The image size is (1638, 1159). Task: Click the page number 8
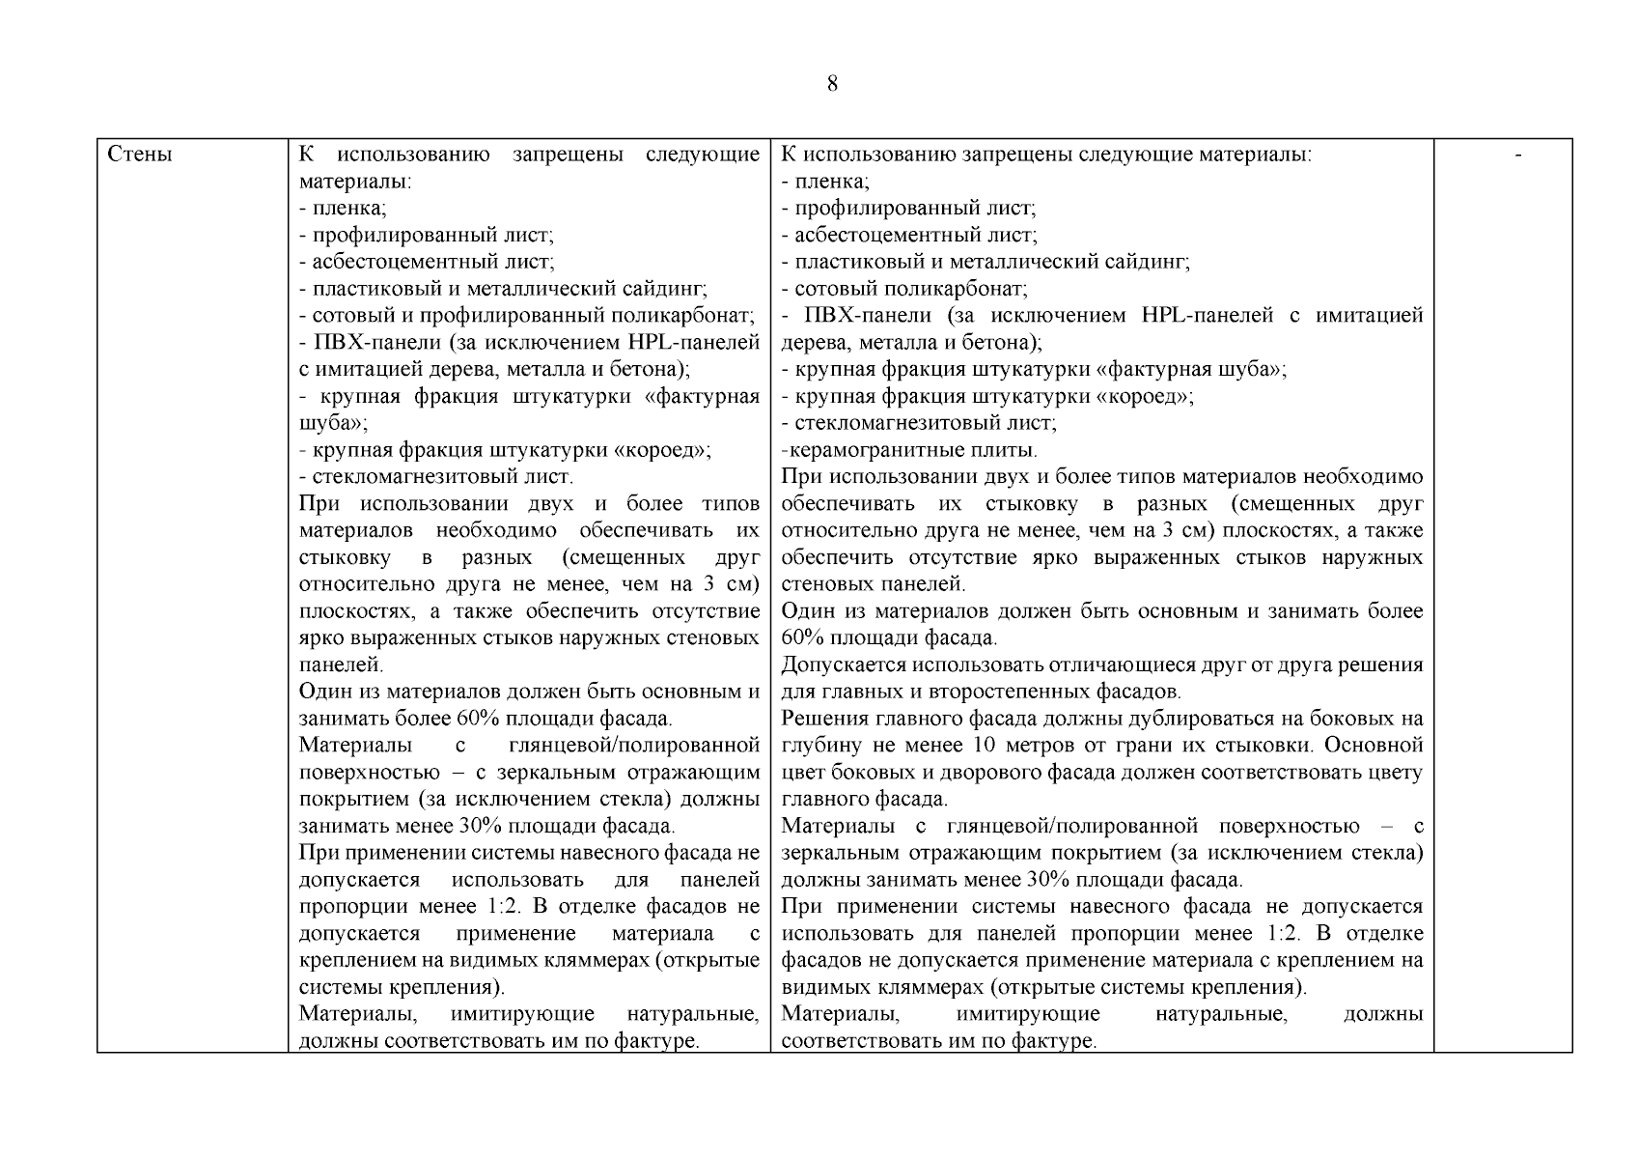coord(832,84)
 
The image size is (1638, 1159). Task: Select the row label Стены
coord(140,155)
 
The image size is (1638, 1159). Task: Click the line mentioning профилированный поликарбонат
coord(526,315)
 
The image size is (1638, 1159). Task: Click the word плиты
coord(1013,450)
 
